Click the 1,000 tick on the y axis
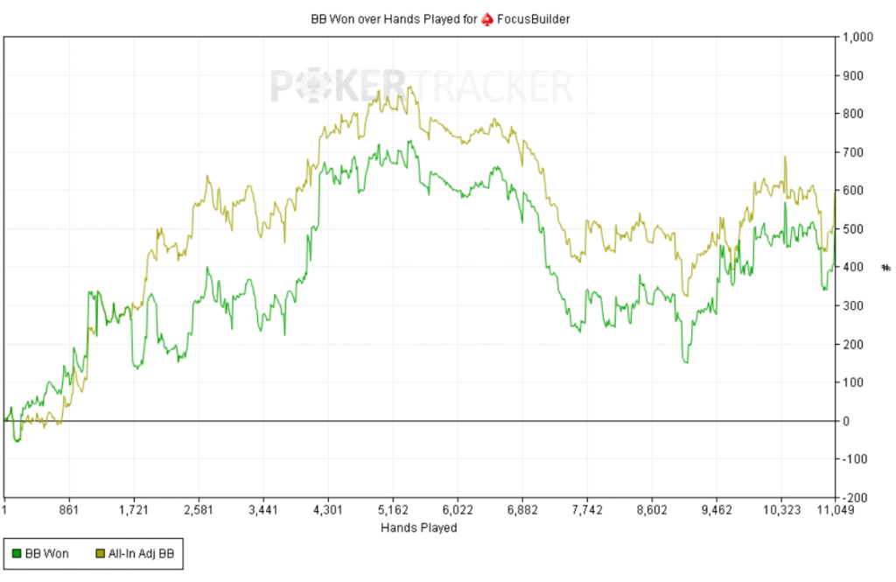point(857,38)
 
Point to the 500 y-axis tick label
point(853,229)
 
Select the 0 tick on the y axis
point(846,421)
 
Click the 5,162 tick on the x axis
point(392,509)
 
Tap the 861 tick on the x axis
point(69,509)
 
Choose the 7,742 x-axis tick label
point(586,509)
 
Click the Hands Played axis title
point(418,528)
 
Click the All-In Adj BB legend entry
point(139,553)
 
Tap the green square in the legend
point(17,553)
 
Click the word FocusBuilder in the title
point(534,18)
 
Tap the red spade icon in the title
point(487,18)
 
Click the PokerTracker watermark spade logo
point(312,87)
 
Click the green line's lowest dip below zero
point(17,440)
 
